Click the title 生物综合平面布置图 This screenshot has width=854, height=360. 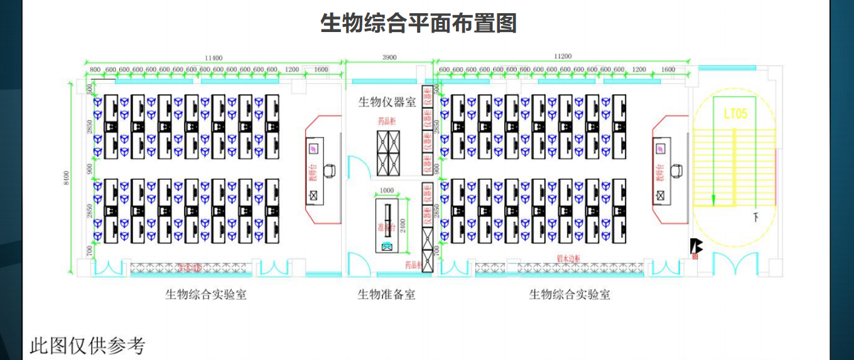click(418, 24)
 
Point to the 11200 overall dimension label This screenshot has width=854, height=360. click(563, 56)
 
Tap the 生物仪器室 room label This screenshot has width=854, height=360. click(387, 102)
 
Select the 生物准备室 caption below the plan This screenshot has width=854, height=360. click(386, 294)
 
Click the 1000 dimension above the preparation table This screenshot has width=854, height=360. click(386, 191)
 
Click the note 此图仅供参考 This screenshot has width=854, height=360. click(87, 346)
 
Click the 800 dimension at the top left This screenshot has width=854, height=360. click(95, 69)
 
